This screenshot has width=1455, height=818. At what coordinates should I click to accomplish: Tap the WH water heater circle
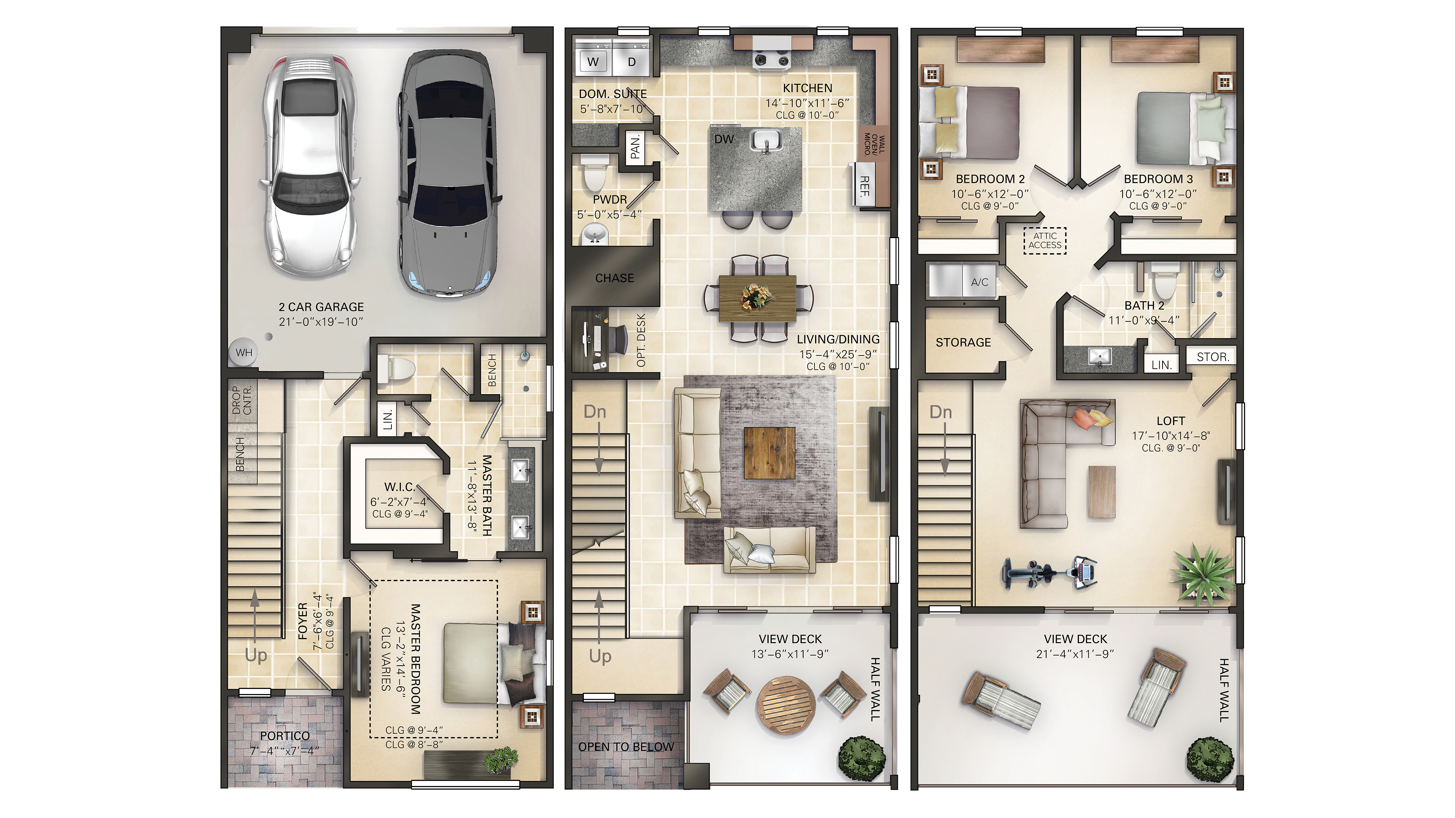coord(244,353)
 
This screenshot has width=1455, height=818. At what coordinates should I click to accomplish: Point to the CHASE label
coord(614,278)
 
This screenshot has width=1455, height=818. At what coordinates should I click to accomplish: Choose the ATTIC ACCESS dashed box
coord(1045,240)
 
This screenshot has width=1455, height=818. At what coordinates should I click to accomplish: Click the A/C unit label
coord(980,282)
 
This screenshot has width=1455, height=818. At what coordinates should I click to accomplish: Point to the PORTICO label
coord(285,735)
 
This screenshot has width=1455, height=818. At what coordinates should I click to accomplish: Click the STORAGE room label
coord(963,342)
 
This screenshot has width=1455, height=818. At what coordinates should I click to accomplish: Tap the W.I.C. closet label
coord(400,487)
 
